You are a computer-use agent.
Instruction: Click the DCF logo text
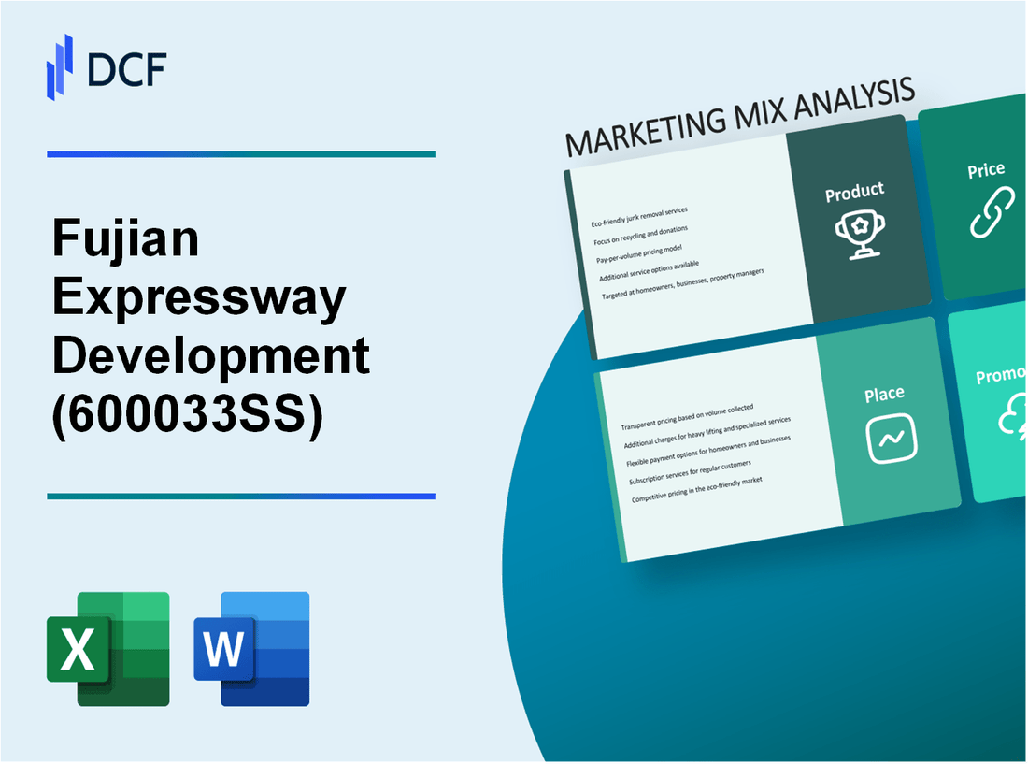point(127,69)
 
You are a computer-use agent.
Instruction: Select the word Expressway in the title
point(199,300)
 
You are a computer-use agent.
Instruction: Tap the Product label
point(854,193)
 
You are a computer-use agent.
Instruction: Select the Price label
point(986,170)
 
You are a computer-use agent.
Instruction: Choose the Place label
point(883,396)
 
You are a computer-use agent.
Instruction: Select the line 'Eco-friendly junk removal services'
point(646,216)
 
